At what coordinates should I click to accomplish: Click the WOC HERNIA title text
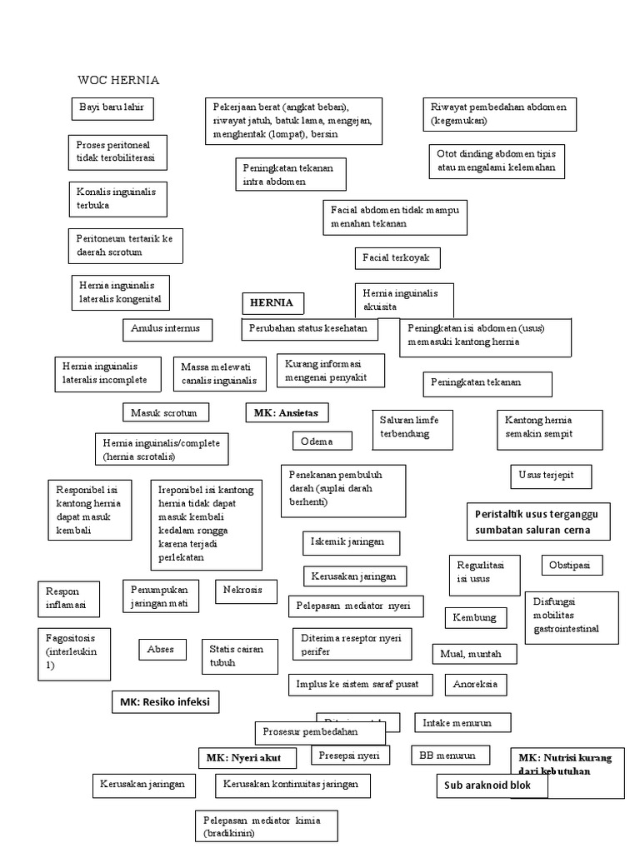click(x=118, y=81)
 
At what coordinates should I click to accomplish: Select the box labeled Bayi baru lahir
click(x=112, y=109)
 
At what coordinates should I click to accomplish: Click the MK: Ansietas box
click(x=287, y=412)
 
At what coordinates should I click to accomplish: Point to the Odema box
click(x=322, y=441)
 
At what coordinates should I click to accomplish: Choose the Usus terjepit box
click(x=551, y=476)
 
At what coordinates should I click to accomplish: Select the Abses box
click(x=162, y=649)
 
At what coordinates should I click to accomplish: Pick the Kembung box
click(x=475, y=617)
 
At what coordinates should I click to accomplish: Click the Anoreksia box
click(x=476, y=685)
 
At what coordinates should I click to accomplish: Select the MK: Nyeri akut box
click(x=247, y=758)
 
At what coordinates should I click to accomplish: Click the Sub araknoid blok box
click(x=492, y=786)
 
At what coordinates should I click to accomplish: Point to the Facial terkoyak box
click(x=397, y=258)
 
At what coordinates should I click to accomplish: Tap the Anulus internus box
click(x=167, y=329)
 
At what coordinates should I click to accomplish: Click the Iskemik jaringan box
click(x=351, y=542)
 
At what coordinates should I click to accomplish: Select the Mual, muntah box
click(x=473, y=654)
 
